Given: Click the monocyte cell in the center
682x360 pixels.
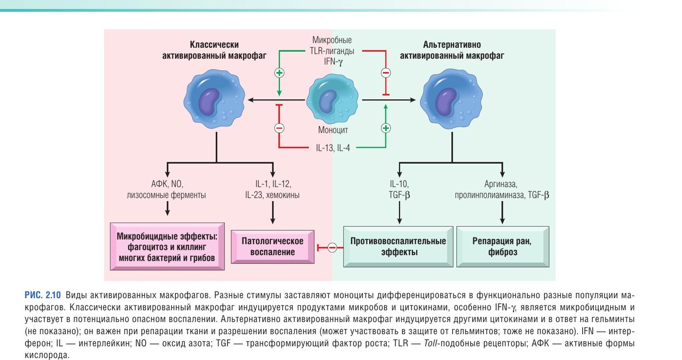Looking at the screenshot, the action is coord(332,99).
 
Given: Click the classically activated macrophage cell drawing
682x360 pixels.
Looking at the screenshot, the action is coord(214,99).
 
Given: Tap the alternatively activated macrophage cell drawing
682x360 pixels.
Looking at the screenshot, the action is coord(451,99).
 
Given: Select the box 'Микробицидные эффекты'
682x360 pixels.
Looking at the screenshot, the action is coord(167,246).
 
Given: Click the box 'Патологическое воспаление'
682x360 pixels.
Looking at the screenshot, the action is coord(272,246).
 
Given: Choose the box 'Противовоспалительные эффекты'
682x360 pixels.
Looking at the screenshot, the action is coord(398,246).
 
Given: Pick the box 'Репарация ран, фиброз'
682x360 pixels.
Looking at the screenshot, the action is coord(503,246).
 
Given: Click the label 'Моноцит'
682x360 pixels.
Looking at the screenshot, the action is coord(333,130).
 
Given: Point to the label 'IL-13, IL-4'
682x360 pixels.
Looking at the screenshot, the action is coord(333,148).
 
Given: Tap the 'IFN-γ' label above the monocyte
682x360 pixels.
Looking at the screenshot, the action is coord(333,61).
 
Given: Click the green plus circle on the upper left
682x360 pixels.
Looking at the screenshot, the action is coord(279,73).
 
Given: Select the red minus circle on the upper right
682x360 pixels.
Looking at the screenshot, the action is coord(386,73).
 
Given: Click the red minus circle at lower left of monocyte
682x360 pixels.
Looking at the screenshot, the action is coord(279,128).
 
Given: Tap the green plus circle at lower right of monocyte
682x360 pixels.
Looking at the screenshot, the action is coord(386,128).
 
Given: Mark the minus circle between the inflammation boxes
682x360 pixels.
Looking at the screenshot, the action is coord(332,247).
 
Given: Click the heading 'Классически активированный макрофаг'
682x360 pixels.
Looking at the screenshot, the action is coord(214,50).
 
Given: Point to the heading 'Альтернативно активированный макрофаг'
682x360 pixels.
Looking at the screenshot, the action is coord(452,50).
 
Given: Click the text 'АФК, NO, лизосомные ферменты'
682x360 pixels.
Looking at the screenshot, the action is coord(166,189).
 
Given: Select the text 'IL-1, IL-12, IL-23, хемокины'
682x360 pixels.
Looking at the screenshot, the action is coord(272,189).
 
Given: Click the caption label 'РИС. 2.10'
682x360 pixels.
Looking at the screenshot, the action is coord(43,295).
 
